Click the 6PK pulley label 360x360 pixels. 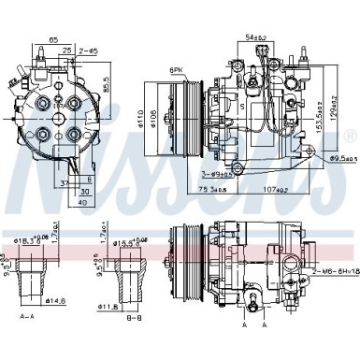[x=179, y=71]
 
